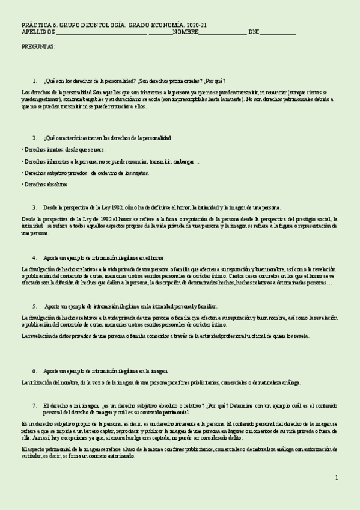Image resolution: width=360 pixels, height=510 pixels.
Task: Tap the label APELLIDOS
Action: pyautogui.click(x=38, y=32)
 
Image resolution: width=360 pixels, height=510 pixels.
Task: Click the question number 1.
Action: pyautogui.click(x=34, y=81)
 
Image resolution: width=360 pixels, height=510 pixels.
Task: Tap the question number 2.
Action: pyautogui.click(x=34, y=138)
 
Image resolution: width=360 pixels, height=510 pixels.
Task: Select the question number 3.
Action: pyautogui.click(x=34, y=207)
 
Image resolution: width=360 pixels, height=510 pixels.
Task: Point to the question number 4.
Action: pyautogui.click(x=34, y=257)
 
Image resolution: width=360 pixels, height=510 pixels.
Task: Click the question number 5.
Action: pyautogui.click(x=34, y=306)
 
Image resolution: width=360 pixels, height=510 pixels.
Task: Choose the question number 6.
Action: pyautogui.click(x=34, y=371)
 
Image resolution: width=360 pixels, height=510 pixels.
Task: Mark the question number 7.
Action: pyautogui.click(x=34, y=405)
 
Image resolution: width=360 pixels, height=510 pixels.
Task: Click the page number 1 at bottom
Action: pyautogui.click(x=337, y=478)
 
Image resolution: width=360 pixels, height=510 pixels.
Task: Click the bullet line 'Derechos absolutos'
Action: pyautogui.click(x=44, y=184)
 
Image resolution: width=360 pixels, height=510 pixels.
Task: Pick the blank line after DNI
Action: pyautogui.click(x=277, y=34)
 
